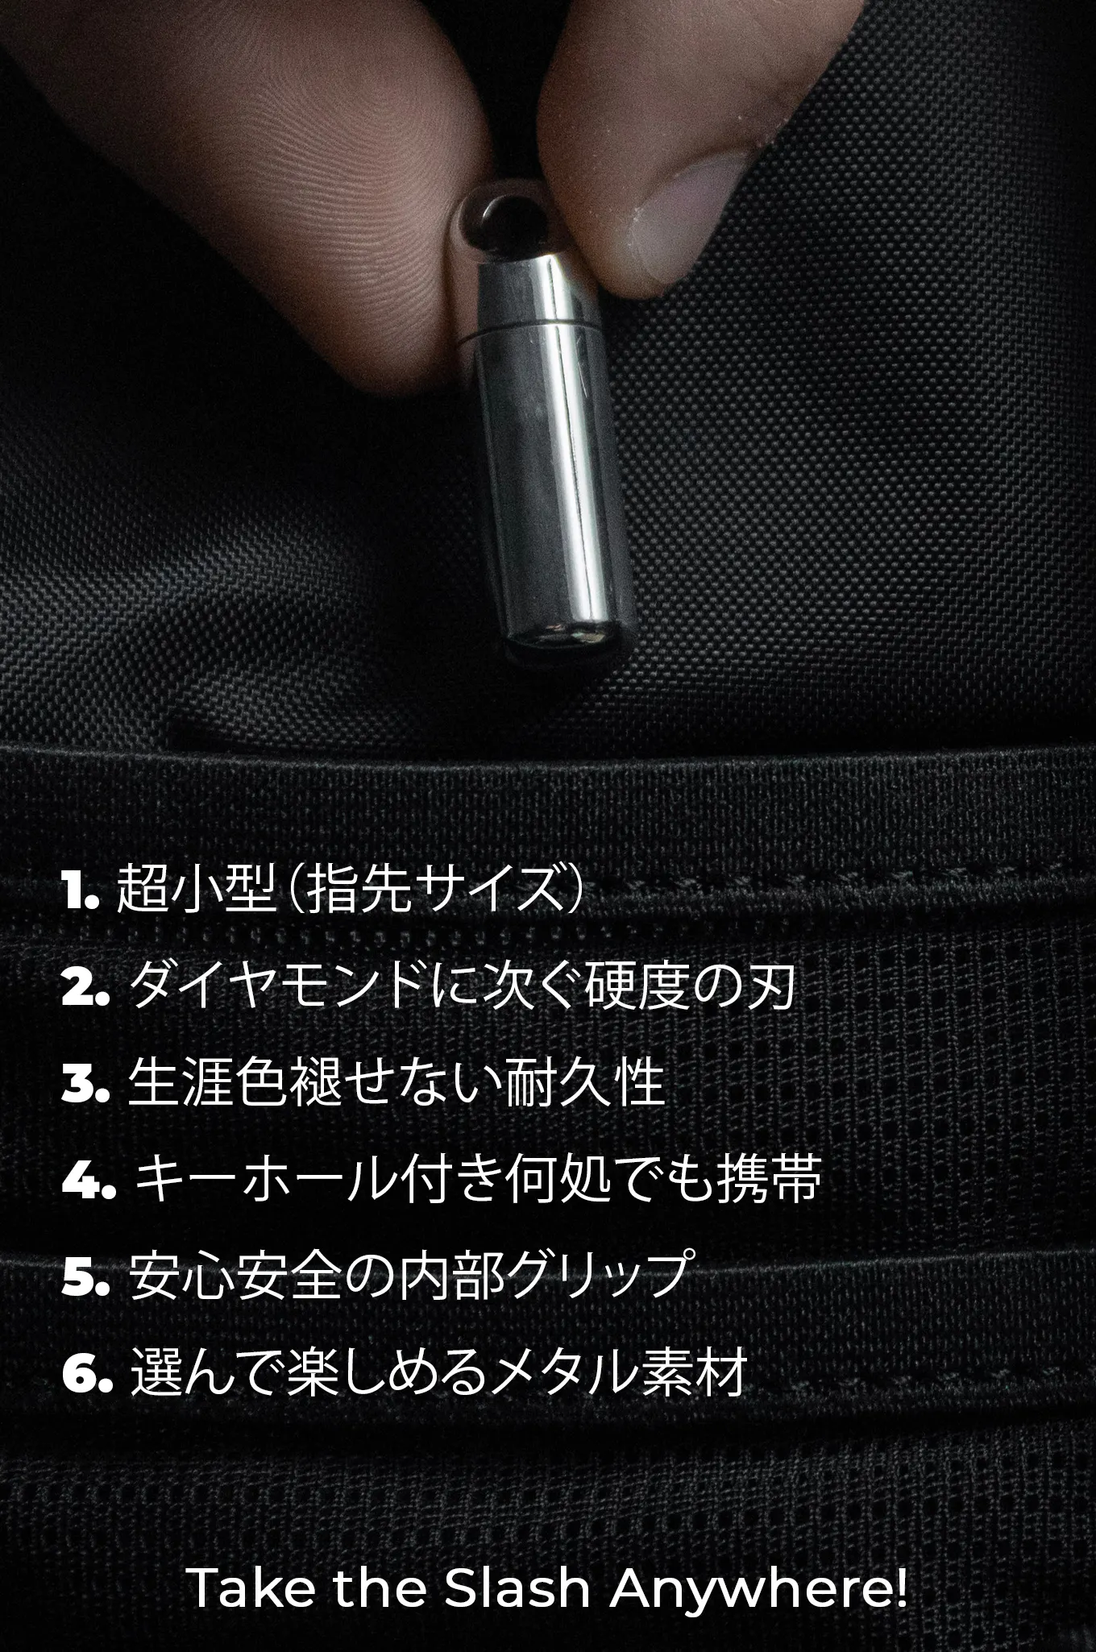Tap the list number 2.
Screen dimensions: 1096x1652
(x=85, y=988)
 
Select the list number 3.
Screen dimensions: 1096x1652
(x=85, y=1085)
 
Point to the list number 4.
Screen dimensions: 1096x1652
(x=89, y=1181)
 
